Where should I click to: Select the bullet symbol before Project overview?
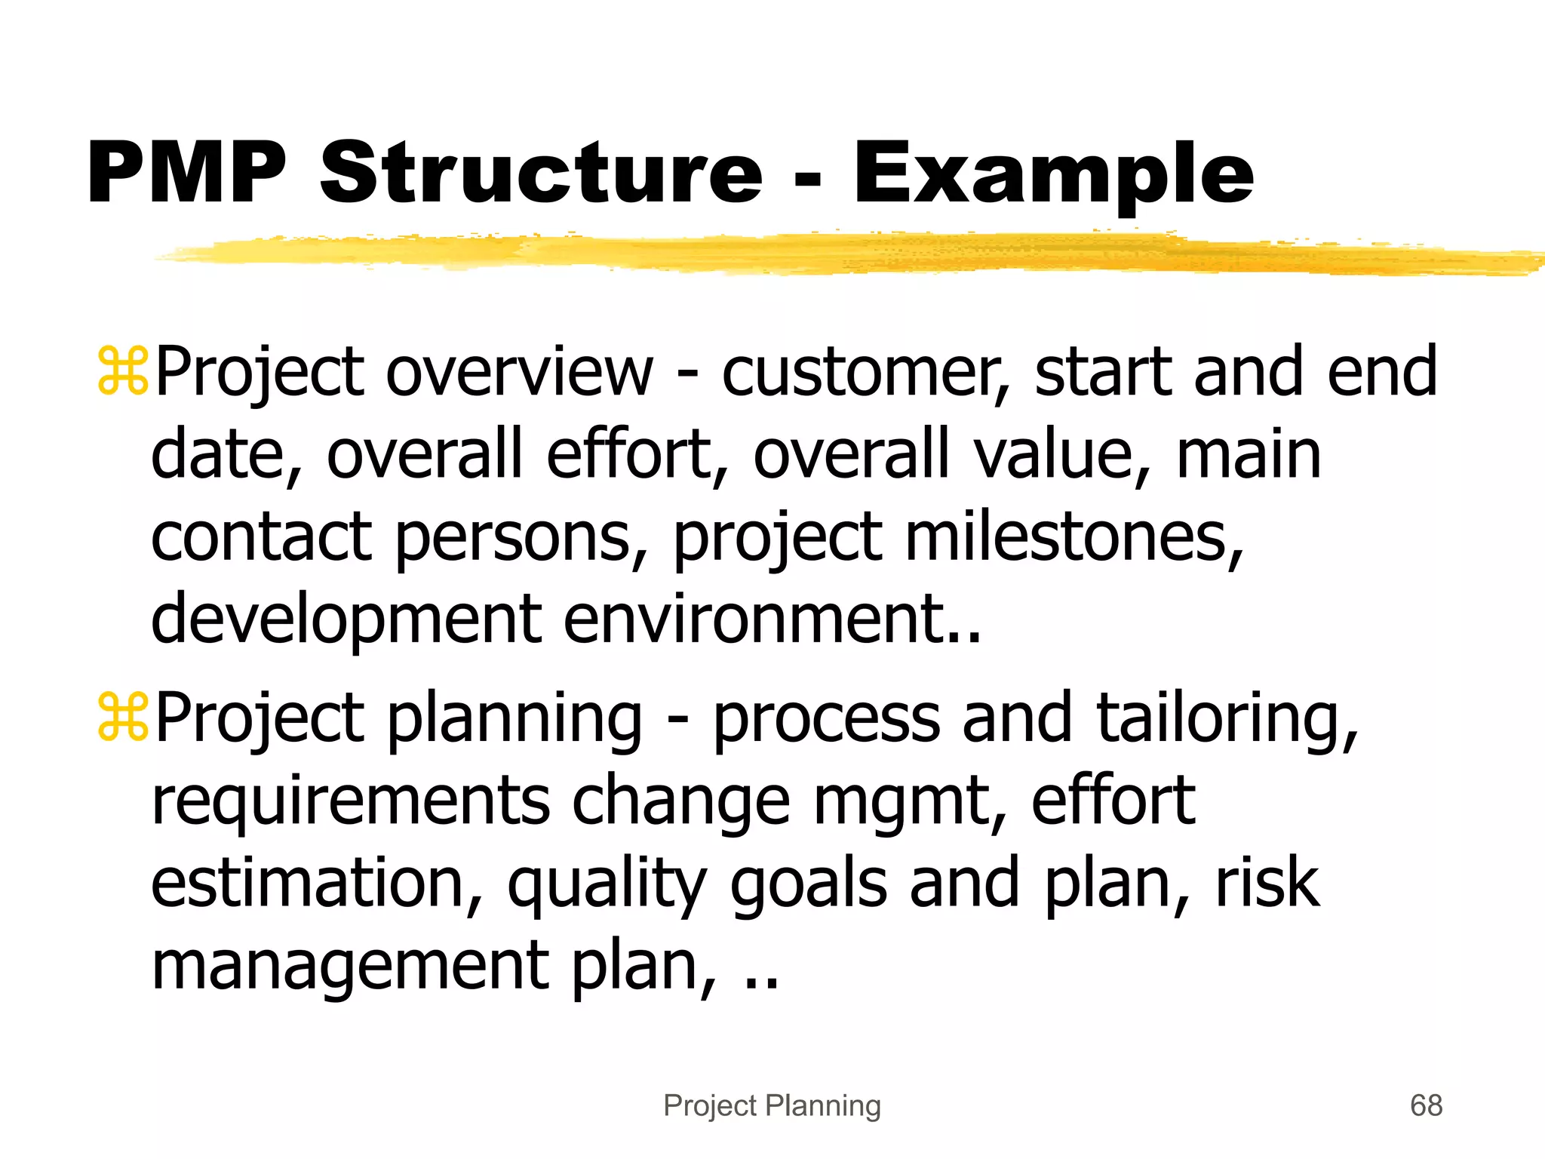[x=123, y=372]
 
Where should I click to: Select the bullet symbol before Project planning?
[x=123, y=718]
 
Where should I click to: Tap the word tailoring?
[x=1226, y=718]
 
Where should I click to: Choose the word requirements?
[x=351, y=801]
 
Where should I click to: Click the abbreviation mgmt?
[x=908, y=801]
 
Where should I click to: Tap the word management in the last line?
[x=350, y=967]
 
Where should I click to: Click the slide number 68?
[x=1426, y=1106]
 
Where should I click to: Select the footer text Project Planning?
[x=772, y=1106]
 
